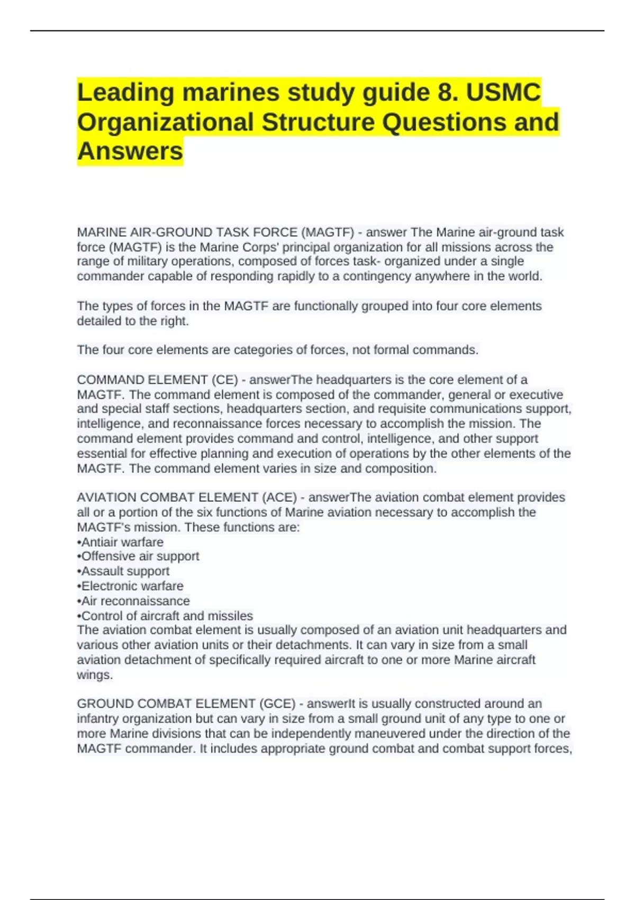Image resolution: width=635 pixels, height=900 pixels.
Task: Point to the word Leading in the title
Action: tap(126, 93)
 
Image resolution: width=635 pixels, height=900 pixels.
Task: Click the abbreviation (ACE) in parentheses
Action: tap(279, 498)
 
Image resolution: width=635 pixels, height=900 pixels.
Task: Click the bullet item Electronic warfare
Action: tap(132, 586)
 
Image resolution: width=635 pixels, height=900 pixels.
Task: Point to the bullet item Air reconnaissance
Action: tap(135, 601)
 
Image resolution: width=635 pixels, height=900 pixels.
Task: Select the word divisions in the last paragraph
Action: tap(203, 734)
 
